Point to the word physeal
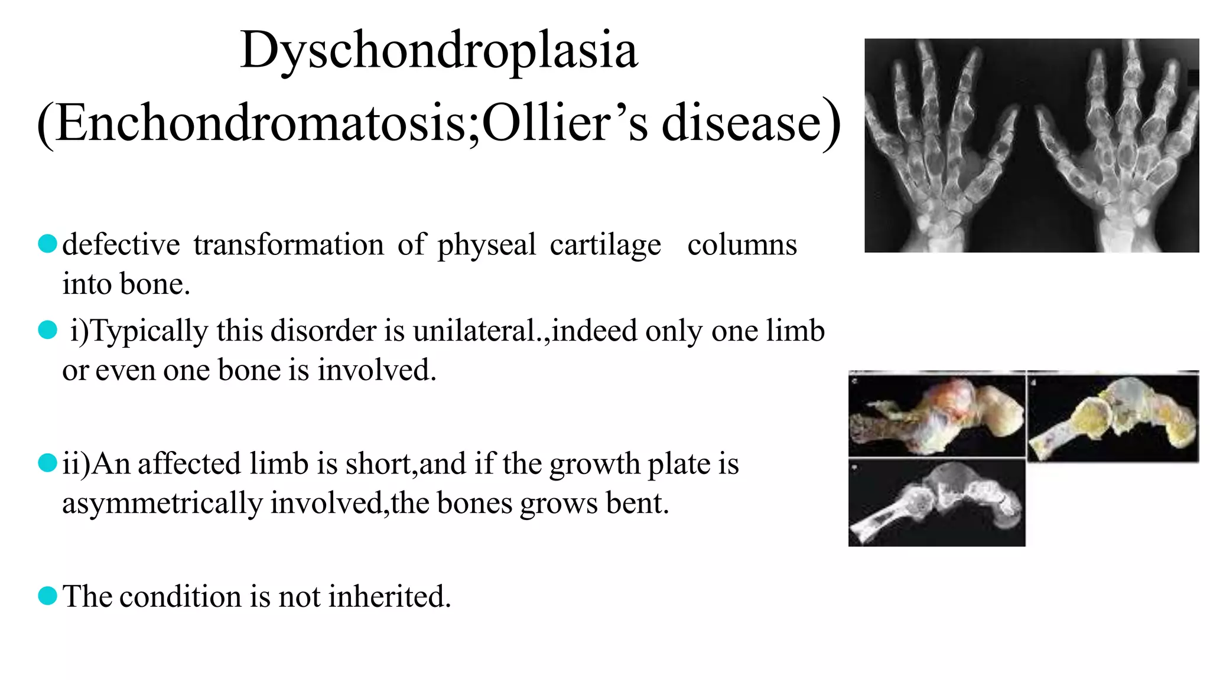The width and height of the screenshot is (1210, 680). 487,245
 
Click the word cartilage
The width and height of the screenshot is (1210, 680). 605,245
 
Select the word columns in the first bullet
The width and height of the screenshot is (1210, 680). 742,245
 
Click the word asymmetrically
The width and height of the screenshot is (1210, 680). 162,504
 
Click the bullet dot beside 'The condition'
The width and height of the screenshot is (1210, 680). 47,596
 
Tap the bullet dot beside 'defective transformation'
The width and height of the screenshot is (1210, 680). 47,243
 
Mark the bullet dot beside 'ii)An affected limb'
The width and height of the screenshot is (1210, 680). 47,463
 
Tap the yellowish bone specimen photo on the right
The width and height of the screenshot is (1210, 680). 1113,417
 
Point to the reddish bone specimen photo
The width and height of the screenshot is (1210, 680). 936,414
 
